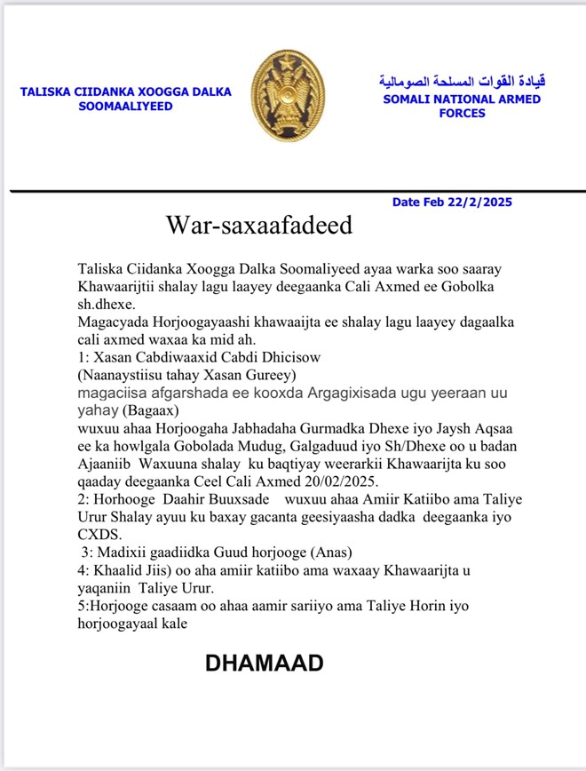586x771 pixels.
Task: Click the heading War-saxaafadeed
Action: pyautogui.click(x=258, y=225)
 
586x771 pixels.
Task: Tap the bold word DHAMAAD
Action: pyautogui.click(x=264, y=663)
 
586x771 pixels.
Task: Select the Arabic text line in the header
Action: pyautogui.click(x=462, y=82)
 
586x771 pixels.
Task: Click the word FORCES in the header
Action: pyautogui.click(x=462, y=114)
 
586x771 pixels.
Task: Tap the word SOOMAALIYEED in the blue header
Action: pyautogui.click(x=128, y=107)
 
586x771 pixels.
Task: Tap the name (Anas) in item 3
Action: pyautogui.click(x=334, y=552)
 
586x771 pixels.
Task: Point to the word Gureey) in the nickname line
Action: pyautogui.click(x=271, y=374)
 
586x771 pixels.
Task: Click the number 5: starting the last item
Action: pyautogui.click(x=84, y=605)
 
